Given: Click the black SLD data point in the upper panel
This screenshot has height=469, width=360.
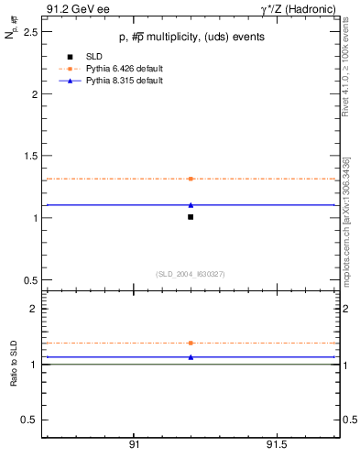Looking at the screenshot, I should pyautogui.click(x=191, y=217).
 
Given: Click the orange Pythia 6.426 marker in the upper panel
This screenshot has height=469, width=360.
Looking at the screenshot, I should pyautogui.click(x=191, y=179).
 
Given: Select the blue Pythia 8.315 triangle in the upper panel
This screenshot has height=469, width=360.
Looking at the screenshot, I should pyautogui.click(x=191, y=205).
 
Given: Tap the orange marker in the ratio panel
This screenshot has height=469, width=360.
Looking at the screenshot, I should pyautogui.click(x=191, y=343).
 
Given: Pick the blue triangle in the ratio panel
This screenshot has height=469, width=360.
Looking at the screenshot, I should pyautogui.click(x=191, y=357).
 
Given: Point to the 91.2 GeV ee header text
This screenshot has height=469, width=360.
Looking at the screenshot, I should pyautogui.click(x=72, y=9).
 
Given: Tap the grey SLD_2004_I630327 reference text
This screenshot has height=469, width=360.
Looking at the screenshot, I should pyautogui.click(x=190, y=274).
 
